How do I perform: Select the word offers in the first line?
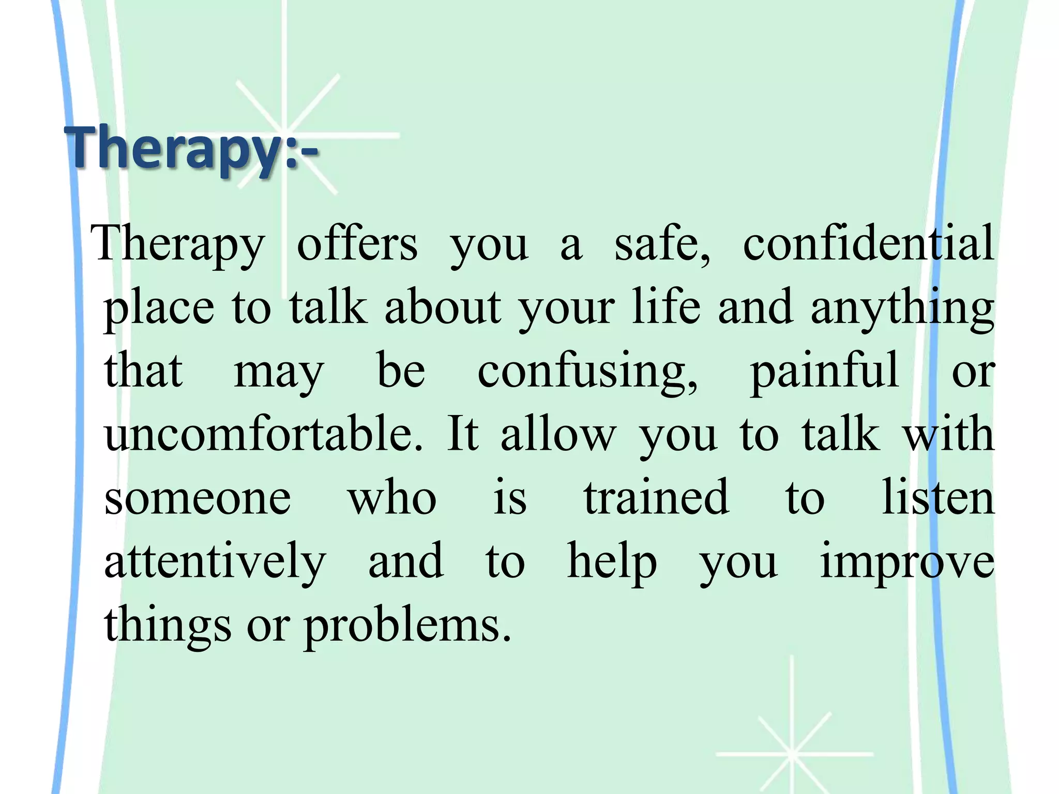(357, 244)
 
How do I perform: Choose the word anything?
(902, 308)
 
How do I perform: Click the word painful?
(825, 371)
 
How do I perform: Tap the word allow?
(558, 434)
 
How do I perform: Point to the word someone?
(198, 498)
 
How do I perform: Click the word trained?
(657, 497)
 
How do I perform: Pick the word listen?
(938, 497)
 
